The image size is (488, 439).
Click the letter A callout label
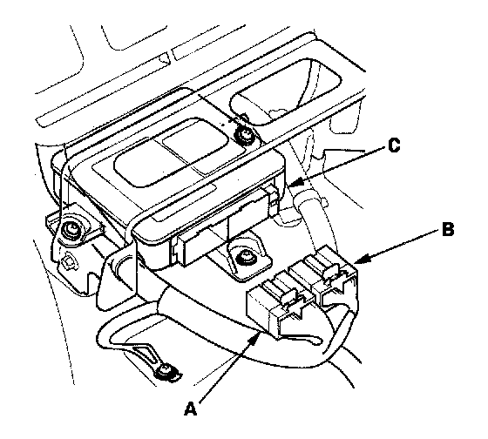click(x=191, y=408)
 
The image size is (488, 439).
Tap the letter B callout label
click(x=448, y=229)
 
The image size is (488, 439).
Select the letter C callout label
click(x=394, y=145)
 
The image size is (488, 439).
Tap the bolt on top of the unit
click(x=244, y=134)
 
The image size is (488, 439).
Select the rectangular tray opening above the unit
click(x=285, y=92)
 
